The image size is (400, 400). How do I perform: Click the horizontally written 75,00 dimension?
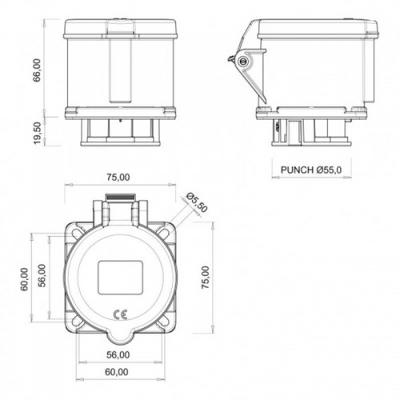118,177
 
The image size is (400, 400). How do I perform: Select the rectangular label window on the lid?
118,278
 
